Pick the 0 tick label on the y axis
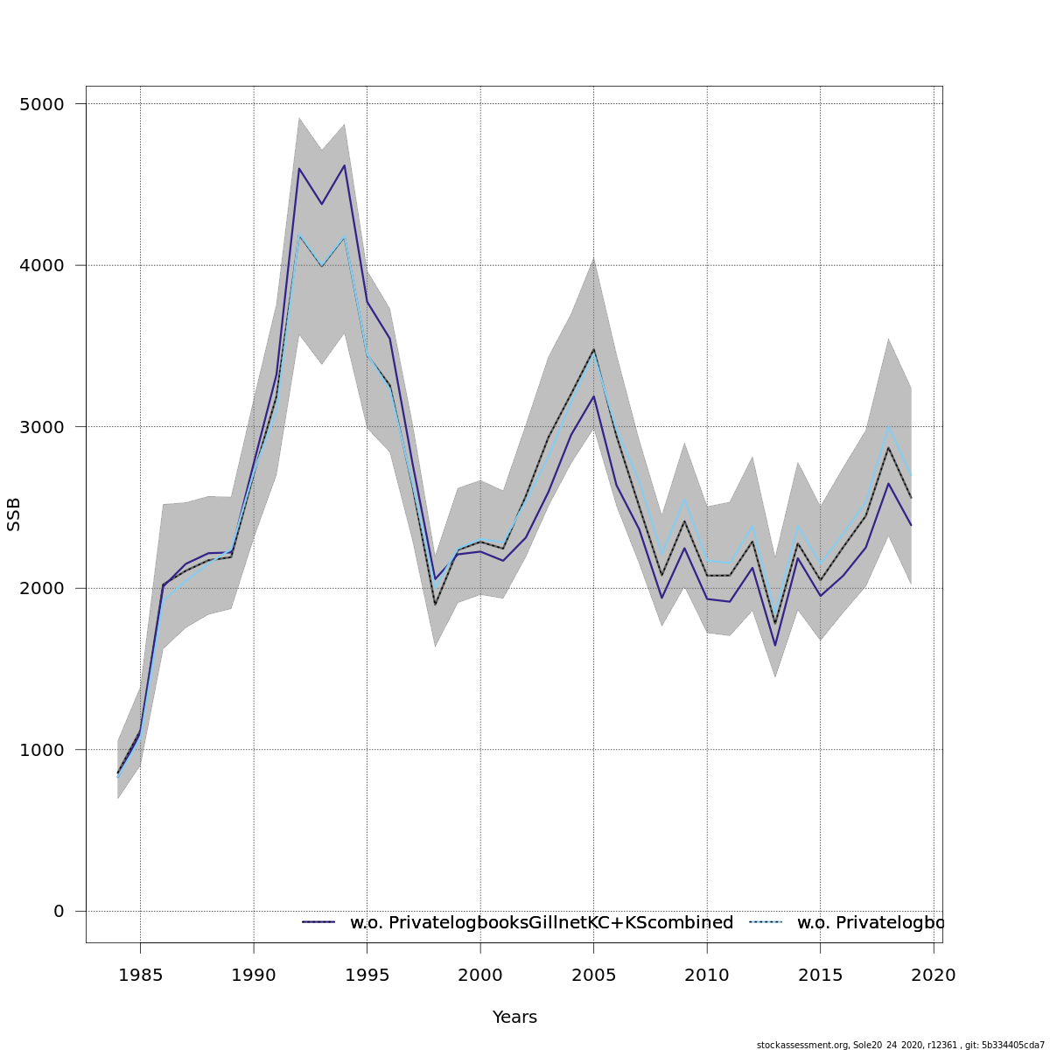coord(59,912)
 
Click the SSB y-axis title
coord(14,514)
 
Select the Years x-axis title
coord(514,1018)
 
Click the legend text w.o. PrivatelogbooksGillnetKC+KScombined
coord(542,923)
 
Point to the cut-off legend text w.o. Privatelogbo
coord(871,923)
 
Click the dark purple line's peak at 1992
coord(299,169)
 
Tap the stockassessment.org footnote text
coord(900,1045)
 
